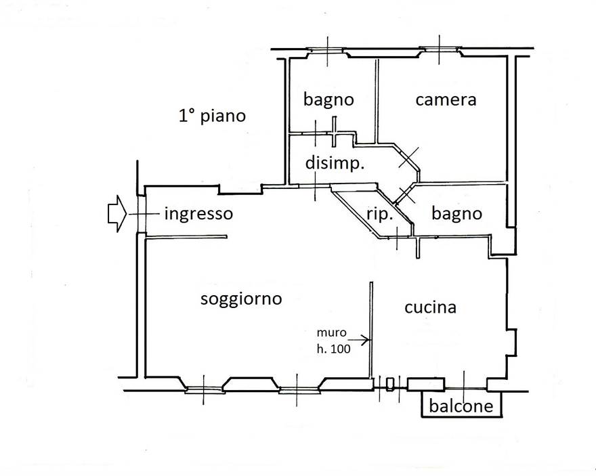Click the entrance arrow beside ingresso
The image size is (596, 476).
pyautogui.click(x=117, y=213)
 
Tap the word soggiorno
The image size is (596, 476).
pyautogui.click(x=241, y=299)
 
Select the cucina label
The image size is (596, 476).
pyautogui.click(x=430, y=307)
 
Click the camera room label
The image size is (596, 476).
pyautogui.click(x=446, y=100)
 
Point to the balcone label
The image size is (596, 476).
pyautogui.click(x=461, y=406)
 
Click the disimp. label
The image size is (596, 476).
pyautogui.click(x=335, y=164)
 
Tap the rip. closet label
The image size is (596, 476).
pyautogui.click(x=379, y=215)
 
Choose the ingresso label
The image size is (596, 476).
pyautogui.click(x=198, y=214)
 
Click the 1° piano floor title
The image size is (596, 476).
pyautogui.click(x=212, y=116)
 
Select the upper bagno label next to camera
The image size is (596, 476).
pyautogui.click(x=328, y=100)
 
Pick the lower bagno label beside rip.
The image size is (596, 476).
pyautogui.click(x=457, y=214)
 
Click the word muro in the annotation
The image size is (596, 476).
pyautogui.click(x=331, y=332)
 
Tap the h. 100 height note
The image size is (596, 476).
pyautogui.click(x=334, y=349)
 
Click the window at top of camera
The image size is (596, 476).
pyautogui.click(x=440, y=49)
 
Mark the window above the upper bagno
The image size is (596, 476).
pyautogui.click(x=327, y=50)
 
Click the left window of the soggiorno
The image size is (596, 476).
pyautogui.click(x=203, y=389)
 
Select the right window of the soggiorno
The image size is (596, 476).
pyautogui.click(x=297, y=389)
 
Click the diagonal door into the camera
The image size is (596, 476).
pyautogui.click(x=408, y=158)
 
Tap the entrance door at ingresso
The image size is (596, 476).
pyautogui.click(x=141, y=214)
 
